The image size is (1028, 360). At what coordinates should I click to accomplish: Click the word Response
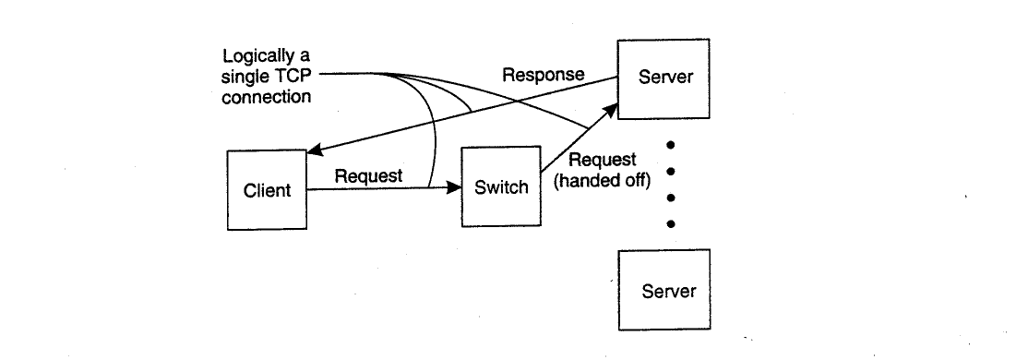(544, 75)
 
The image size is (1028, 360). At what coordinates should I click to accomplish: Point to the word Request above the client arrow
(368, 175)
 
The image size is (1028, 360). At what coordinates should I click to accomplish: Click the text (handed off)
(603, 180)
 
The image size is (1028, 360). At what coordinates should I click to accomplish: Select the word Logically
(257, 55)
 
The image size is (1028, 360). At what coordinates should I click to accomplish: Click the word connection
(266, 97)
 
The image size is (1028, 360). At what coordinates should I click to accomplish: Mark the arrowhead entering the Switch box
(454, 187)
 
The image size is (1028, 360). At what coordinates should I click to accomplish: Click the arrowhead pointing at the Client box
(315, 150)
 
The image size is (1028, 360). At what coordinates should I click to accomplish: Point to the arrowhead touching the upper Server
(610, 110)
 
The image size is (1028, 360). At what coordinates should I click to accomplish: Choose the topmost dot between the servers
(670, 145)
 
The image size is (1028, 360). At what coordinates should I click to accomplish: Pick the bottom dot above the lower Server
(670, 224)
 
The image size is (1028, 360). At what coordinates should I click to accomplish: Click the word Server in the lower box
(669, 291)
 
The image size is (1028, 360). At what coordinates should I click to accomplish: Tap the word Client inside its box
(267, 190)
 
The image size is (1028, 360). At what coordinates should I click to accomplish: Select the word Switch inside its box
(502, 186)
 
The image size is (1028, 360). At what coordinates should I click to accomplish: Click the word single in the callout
(244, 78)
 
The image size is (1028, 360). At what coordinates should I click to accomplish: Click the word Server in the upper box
(665, 77)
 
